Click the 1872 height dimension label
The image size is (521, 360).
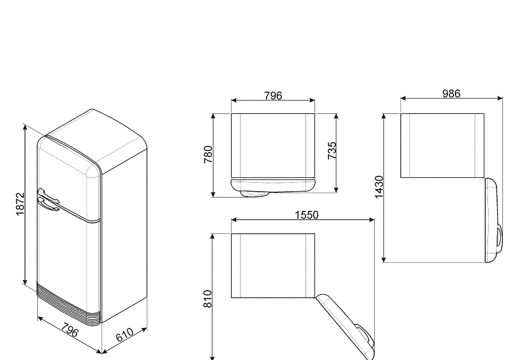pos(20,204)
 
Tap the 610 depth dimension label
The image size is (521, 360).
pos(125,335)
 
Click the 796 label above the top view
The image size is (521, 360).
pos(273,96)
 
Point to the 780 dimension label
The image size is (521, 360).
pos(208,154)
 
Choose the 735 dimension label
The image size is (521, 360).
pos(332,151)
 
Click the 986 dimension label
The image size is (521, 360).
pos(451,94)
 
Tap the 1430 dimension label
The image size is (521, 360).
pos(379,187)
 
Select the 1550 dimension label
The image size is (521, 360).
pos(307,215)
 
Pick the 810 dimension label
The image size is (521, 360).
pos(208,299)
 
